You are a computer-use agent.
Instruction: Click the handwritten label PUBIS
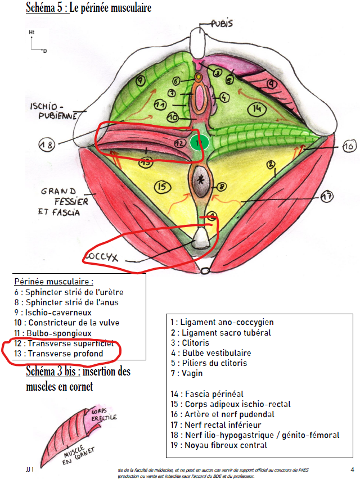coord(222,24)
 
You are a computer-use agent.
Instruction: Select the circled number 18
coord(47,145)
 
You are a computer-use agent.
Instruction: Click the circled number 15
coord(163,187)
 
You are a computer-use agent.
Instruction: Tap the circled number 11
coord(160,105)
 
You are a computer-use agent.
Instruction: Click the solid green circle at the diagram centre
coord(199,143)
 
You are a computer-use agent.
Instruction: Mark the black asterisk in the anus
coord(201,180)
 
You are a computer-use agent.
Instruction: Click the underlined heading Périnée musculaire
coord(53,281)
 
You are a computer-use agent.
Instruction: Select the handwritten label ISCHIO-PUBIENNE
coord(47,111)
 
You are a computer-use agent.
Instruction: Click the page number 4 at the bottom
coord(352,469)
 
